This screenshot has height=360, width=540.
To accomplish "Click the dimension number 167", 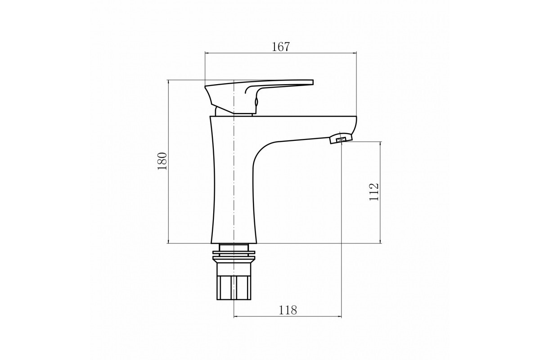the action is point(280,47).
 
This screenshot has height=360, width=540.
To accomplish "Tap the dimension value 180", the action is point(162,161).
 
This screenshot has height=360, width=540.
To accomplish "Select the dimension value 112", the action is point(374,192).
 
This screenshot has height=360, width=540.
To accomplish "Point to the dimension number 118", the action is point(288,310).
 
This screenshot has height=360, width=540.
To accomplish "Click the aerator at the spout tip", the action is point(341,139).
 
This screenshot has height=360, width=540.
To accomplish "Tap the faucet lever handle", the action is point(259,96).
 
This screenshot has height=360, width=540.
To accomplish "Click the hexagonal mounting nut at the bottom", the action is point(234,288).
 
